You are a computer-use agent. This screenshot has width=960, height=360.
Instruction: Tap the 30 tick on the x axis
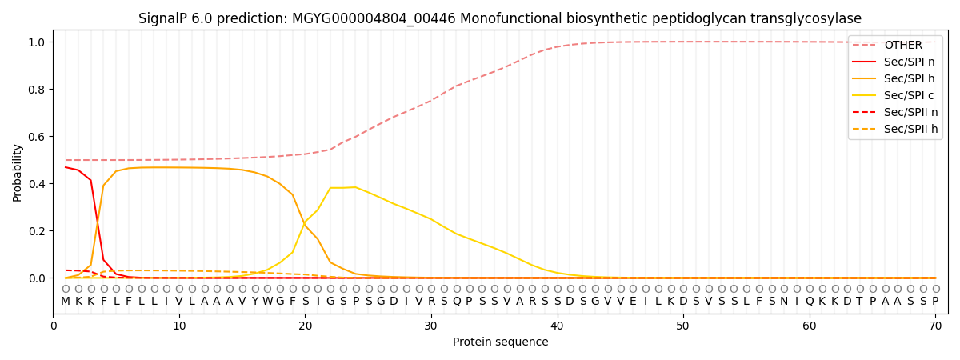click(431, 326)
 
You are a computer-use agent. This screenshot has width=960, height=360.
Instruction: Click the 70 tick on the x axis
click(935, 326)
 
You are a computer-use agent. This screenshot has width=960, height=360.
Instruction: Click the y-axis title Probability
click(17, 172)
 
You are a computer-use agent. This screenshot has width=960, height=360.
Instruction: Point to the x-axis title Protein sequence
click(500, 342)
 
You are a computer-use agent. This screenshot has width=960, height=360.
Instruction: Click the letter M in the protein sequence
click(66, 302)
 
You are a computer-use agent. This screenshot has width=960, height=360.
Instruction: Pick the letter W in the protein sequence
click(267, 302)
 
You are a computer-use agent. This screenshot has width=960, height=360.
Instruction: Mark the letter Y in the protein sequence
click(254, 302)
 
